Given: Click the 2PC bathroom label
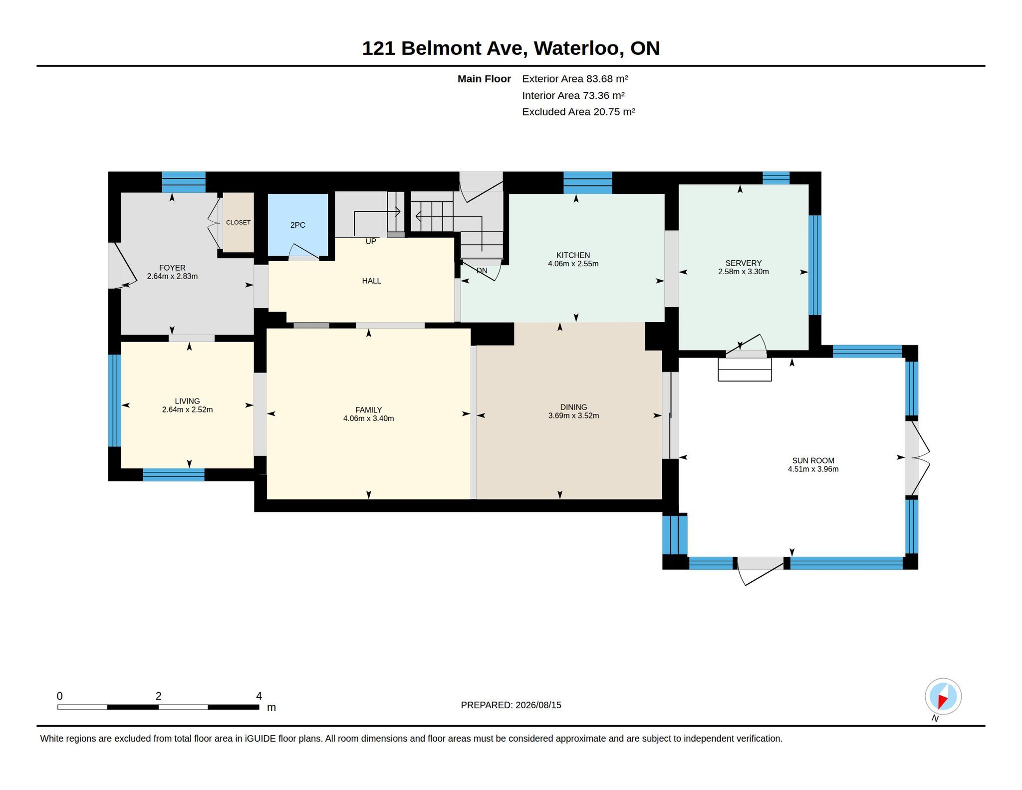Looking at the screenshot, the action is (297, 225).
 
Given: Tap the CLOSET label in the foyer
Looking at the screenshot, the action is (238, 222).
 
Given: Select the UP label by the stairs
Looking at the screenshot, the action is (371, 242).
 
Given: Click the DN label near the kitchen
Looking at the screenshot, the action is (482, 271).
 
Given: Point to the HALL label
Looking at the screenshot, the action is (371, 281).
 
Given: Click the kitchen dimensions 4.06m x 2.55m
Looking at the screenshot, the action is (573, 264).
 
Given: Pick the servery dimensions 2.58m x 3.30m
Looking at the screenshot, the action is (743, 272).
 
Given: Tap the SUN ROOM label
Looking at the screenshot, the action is (813, 460).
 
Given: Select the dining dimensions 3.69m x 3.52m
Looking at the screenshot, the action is (573, 415).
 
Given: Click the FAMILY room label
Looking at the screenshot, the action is (368, 410).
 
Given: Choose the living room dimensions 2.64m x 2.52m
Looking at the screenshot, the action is (187, 409).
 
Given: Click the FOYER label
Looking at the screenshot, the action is (172, 268).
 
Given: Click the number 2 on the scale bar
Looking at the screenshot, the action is (158, 696).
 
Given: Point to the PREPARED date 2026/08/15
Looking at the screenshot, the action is (538, 705).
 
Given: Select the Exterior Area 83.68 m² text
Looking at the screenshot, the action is (575, 79).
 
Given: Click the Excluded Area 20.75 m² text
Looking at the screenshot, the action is (578, 112).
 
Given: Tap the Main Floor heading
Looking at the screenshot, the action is (484, 79).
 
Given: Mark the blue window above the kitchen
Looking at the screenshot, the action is (587, 182).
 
